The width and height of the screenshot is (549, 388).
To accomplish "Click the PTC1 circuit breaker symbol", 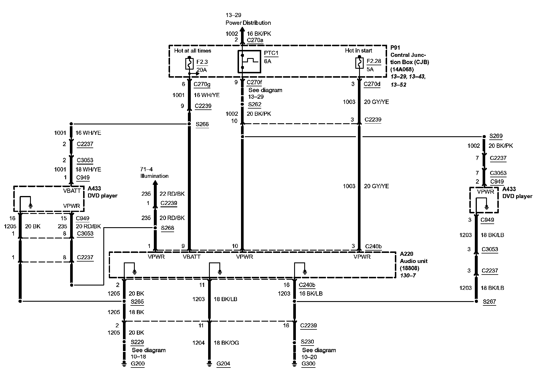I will (249, 61).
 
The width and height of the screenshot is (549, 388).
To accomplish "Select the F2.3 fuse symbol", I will (189, 64).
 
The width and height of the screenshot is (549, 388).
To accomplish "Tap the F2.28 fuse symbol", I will (359, 63).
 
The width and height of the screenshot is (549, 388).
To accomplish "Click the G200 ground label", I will (137, 364).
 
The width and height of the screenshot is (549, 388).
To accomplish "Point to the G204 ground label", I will (223, 364).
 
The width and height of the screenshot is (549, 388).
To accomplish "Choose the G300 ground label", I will (308, 364).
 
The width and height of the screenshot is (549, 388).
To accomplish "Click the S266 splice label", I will (202, 124).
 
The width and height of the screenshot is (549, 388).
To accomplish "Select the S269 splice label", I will (496, 136).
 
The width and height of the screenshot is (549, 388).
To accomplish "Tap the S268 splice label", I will (167, 228).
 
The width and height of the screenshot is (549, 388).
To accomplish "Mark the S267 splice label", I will (489, 302).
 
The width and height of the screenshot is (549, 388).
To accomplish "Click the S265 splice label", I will (137, 302).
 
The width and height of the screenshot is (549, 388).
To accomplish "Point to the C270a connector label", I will (255, 40).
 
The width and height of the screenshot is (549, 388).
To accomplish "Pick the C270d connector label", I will (372, 84).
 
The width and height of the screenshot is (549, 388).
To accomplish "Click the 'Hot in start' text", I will (358, 51).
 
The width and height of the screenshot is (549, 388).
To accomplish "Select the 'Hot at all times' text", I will (193, 51).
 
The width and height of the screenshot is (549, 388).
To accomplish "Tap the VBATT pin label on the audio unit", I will (191, 257).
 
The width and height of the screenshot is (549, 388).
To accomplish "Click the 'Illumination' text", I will (154, 176).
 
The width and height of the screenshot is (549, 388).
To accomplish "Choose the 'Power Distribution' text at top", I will (248, 23).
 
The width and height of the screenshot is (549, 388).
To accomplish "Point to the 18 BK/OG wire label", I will (226, 343).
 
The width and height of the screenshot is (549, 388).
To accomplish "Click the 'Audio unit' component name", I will (414, 261).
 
